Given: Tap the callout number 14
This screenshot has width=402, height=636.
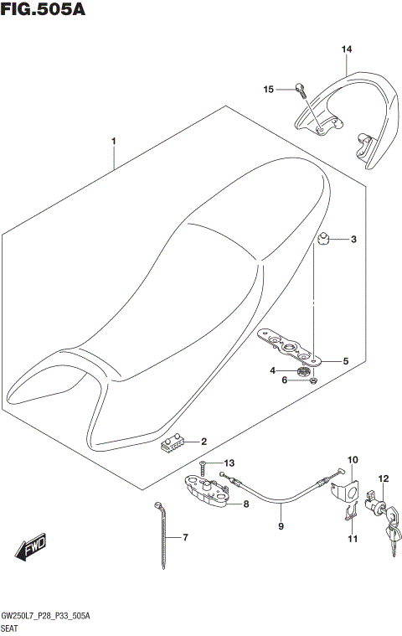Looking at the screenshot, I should [x=347, y=50].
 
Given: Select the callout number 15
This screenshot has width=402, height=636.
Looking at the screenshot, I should [x=269, y=89].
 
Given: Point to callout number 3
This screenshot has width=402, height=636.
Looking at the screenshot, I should [x=353, y=240].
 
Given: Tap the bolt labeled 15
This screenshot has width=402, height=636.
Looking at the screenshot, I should [x=300, y=86].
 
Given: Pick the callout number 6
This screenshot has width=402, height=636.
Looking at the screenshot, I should [x=284, y=380].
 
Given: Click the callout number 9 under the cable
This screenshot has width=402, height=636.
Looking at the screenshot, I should [x=281, y=527].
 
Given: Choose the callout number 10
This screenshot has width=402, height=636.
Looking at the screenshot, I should [x=352, y=460].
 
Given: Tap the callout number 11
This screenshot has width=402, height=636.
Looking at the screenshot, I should [x=352, y=539].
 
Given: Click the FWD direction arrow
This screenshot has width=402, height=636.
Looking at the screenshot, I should [x=31, y=548].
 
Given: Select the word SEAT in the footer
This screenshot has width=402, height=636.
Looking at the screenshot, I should [x=11, y=627].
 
